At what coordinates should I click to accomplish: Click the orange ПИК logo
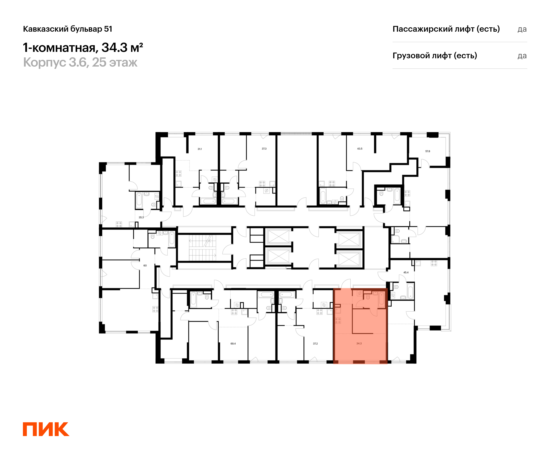coord(46,429)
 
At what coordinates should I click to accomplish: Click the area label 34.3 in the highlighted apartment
coord(359,343)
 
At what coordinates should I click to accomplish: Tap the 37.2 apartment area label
coord(315,343)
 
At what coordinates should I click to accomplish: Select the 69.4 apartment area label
coord(233,343)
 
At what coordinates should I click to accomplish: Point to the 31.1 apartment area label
coord(200,149)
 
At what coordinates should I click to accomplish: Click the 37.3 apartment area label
coord(264,149)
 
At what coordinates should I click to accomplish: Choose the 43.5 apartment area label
coord(360,149)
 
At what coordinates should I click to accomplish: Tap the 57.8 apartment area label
coord(428,151)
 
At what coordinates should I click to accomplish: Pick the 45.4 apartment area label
coord(406,272)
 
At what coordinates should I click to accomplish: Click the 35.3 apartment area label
coord(141,217)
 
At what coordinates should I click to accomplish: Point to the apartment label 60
coord(145,266)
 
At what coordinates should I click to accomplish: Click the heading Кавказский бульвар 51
coord(68,29)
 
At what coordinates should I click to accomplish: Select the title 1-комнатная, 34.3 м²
coord(83,48)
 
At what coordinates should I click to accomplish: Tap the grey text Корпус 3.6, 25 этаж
coord(80,62)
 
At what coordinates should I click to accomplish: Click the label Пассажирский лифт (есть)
coord(446,29)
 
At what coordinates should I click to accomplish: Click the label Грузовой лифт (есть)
coord(435,56)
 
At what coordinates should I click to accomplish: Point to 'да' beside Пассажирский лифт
coord(522,29)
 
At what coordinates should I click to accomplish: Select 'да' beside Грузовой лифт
coord(522,56)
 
